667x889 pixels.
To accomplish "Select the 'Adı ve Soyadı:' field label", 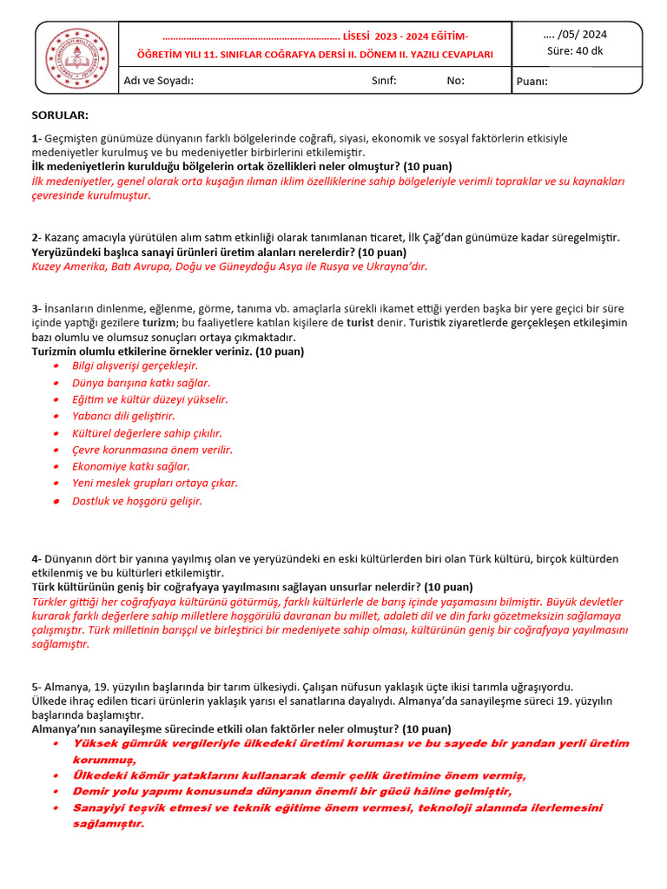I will click(x=159, y=81).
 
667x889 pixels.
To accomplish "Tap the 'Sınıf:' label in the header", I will click(x=384, y=81).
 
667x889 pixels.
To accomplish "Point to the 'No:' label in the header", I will click(x=456, y=81).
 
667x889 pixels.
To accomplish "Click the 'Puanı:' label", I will click(x=532, y=82).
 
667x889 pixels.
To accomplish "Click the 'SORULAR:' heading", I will click(x=60, y=115).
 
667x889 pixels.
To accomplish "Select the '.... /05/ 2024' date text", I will click(x=575, y=35).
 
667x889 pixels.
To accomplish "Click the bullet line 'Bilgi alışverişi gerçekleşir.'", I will click(x=135, y=365).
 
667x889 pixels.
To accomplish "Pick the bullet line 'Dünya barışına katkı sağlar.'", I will click(x=141, y=382).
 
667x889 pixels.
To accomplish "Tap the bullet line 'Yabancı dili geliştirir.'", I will click(x=123, y=416).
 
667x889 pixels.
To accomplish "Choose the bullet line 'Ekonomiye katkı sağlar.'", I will click(x=131, y=466).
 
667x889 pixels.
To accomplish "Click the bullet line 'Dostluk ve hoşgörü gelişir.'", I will click(x=137, y=501).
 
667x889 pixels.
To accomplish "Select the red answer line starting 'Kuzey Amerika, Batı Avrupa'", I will click(x=229, y=267).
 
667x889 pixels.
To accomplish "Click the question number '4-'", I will click(x=36, y=559).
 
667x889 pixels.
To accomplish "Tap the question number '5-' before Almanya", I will click(x=36, y=686).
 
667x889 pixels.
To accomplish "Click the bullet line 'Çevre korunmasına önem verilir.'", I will click(x=152, y=450).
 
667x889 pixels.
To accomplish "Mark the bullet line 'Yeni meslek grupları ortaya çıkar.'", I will click(x=155, y=483).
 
